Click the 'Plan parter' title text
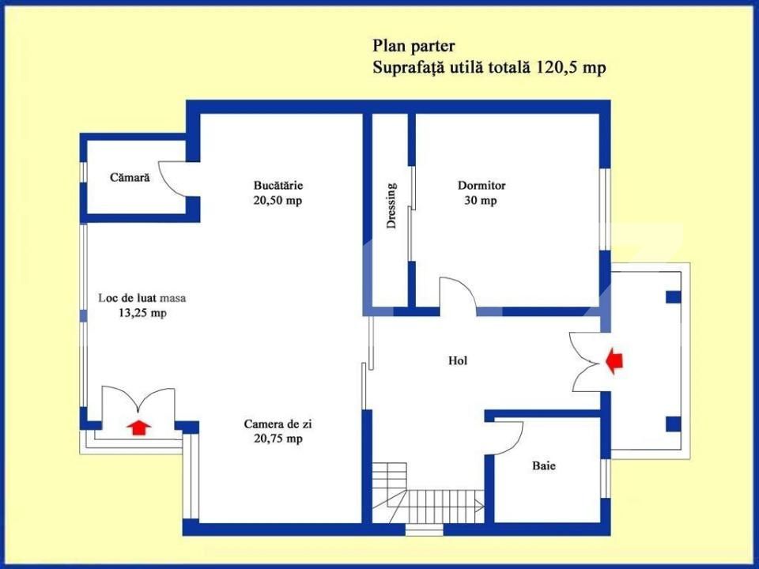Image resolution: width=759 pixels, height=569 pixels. click(x=413, y=45)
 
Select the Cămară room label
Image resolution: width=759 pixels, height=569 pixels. click(x=130, y=178)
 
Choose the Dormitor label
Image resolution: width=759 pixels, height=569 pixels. click(x=481, y=186)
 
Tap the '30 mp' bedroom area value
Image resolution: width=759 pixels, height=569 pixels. click(x=481, y=201)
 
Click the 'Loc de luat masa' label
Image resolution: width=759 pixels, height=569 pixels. click(x=142, y=299)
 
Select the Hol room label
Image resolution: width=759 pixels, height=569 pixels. click(x=458, y=360)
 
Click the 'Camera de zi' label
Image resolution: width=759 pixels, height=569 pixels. click(x=273, y=424)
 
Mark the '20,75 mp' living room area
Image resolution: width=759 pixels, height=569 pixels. click(x=273, y=439)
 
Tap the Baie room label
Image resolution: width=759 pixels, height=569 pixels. click(x=543, y=466)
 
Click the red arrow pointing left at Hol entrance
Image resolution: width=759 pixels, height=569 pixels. click(x=614, y=361)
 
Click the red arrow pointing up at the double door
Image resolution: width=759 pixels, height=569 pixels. click(x=139, y=428)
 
